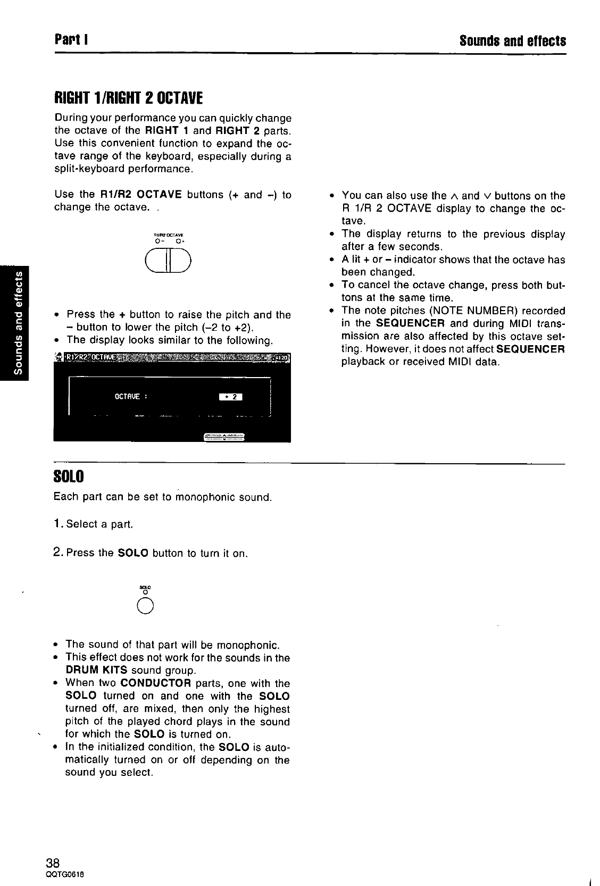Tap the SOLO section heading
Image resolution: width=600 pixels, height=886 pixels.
69,475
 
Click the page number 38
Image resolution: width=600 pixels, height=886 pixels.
53,862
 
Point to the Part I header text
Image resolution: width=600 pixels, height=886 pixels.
71,40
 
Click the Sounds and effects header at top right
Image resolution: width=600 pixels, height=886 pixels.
512,40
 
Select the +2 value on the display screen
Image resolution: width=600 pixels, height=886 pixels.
231,396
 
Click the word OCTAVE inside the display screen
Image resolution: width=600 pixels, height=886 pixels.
127,396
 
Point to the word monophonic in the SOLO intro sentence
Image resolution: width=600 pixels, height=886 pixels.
205,497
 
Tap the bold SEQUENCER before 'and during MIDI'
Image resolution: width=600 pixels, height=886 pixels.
410,323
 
